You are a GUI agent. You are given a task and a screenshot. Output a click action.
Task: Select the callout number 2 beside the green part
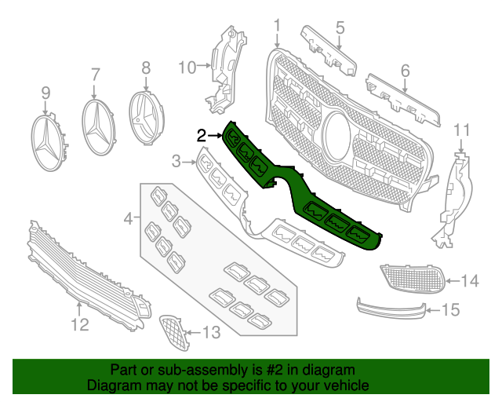(x=202, y=136)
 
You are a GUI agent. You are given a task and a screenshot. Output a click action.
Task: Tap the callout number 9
(x=45, y=93)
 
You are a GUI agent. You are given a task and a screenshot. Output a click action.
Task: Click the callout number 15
(x=449, y=311)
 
